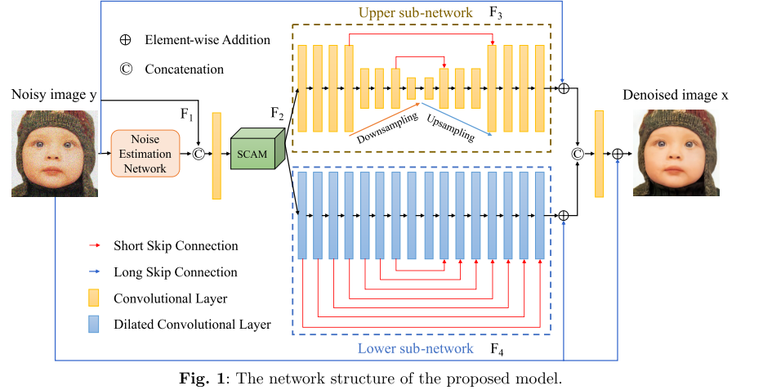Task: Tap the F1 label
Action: point(187,115)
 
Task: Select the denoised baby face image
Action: point(676,153)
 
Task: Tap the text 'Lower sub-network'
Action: point(415,349)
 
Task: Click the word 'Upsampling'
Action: point(450,128)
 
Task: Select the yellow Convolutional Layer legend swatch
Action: point(94,298)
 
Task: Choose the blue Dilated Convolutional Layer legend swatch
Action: point(94,325)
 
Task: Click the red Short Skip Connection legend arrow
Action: point(94,245)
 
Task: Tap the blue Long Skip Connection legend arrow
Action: point(94,272)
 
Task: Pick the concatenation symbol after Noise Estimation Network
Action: point(197,153)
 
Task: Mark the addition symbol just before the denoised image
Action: point(618,153)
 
